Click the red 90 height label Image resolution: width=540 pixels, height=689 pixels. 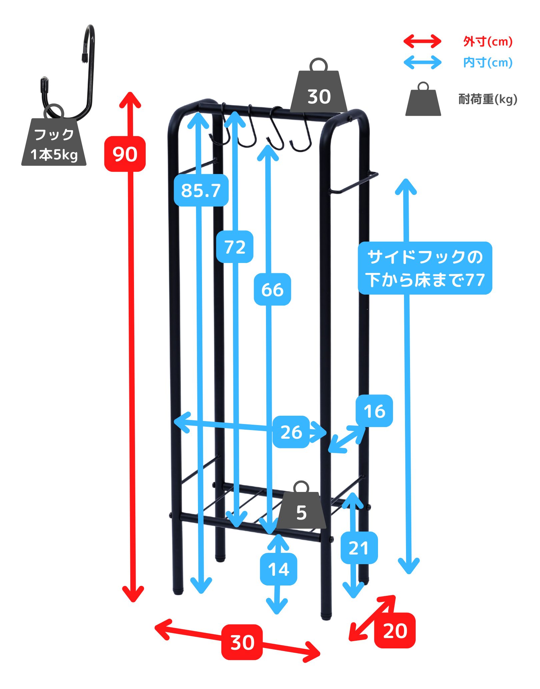tap(125, 154)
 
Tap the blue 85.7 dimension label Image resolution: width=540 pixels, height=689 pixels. tap(201, 190)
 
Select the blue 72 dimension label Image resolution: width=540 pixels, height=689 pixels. tap(235, 247)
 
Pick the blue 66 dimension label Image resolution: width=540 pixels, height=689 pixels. tap(272, 289)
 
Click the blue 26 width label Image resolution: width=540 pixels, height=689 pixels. tap(291, 432)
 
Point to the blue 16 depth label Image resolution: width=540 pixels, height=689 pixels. tap(374, 411)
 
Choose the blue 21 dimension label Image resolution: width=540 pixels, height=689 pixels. tap(359, 548)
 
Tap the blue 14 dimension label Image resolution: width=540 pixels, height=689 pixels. tap(278, 569)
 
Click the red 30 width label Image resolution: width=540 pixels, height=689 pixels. tap(242, 642)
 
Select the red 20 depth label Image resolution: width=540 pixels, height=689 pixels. tap(395, 630)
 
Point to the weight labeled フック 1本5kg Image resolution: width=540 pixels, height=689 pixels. tap(54, 143)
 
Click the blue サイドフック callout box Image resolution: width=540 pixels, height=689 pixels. tap(425, 268)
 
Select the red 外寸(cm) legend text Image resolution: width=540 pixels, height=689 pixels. tap(488, 42)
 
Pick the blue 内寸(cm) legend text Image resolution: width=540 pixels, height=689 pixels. tap(488, 62)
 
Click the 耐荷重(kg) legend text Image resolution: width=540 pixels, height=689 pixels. tap(488, 99)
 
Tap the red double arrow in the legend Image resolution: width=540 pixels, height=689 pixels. tap(422, 41)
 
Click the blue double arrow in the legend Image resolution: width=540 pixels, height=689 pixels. tap(422, 62)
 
